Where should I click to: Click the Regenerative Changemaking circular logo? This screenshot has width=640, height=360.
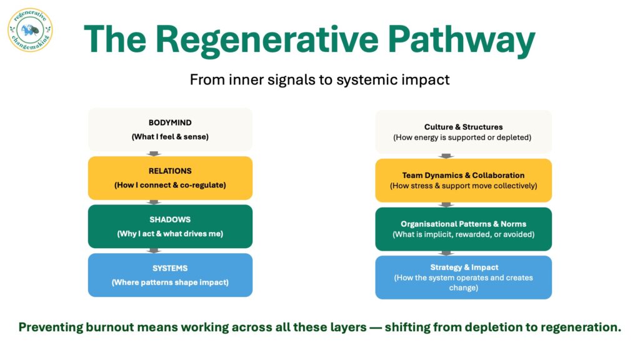click(x=30, y=29)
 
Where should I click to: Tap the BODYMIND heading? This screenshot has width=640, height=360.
click(x=170, y=122)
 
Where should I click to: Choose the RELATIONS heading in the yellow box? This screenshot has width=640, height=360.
click(x=170, y=171)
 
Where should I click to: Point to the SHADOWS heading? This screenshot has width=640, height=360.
click(x=170, y=219)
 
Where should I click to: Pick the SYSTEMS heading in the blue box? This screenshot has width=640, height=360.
click(x=170, y=268)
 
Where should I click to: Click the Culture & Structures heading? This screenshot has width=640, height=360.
click(x=463, y=127)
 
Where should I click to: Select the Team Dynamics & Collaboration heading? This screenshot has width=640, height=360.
click(x=463, y=175)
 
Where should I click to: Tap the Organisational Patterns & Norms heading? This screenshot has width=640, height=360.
click(x=463, y=224)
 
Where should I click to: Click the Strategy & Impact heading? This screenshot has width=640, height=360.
click(x=463, y=267)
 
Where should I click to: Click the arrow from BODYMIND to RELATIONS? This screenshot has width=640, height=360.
click(x=154, y=154)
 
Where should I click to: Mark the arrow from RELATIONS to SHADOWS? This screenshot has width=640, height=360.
click(x=154, y=202)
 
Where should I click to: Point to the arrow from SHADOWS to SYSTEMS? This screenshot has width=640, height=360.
click(x=154, y=251)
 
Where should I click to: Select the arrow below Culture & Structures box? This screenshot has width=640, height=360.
click(x=446, y=156)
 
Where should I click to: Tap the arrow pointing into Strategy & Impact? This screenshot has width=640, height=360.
click(x=446, y=253)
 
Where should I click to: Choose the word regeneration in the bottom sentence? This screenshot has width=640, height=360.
click(x=577, y=327)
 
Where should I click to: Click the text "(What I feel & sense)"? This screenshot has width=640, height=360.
click(x=170, y=136)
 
